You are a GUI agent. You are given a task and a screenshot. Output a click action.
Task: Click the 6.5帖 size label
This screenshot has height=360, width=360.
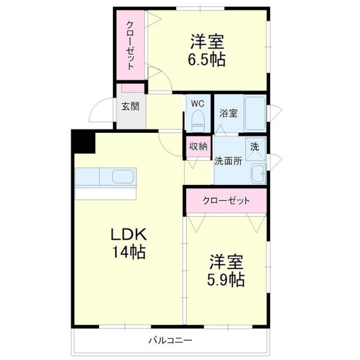click(x=208, y=59)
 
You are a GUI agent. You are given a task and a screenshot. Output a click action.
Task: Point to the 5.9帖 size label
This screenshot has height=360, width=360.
click(x=227, y=280)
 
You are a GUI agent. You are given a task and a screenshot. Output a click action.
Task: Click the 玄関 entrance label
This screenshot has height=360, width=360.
click(x=130, y=106)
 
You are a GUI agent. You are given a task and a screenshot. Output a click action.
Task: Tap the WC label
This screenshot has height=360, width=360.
click(x=197, y=103)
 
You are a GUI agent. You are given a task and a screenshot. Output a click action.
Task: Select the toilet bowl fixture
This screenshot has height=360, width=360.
click(x=197, y=119)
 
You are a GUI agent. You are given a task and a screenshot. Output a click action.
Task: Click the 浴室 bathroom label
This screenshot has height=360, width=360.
click(x=228, y=112)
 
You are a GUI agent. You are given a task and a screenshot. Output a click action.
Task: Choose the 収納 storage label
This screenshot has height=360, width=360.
click(x=197, y=146)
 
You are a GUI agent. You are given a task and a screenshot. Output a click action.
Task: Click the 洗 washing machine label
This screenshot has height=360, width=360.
click(x=255, y=146)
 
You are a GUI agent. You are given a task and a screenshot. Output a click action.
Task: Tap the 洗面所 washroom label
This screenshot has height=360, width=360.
click(x=228, y=160)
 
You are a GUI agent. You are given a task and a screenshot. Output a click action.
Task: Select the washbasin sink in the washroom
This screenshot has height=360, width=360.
click(x=258, y=174)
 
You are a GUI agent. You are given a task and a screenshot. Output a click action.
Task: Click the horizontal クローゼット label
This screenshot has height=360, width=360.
click(x=226, y=201)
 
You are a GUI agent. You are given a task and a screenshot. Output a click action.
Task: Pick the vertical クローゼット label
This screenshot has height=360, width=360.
click(x=130, y=45)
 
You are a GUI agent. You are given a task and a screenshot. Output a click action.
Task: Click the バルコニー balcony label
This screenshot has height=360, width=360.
click(x=170, y=340)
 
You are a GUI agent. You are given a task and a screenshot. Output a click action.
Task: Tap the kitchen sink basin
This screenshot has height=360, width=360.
click(x=123, y=177)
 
